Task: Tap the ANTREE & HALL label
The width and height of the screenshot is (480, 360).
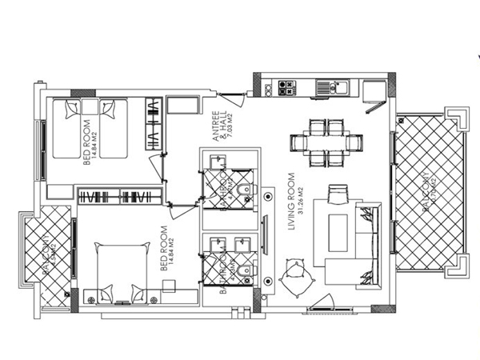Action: (x=220, y=127)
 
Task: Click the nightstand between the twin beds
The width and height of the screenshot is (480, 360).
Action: (x=88, y=107)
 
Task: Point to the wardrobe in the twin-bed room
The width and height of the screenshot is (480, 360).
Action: (x=152, y=125)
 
